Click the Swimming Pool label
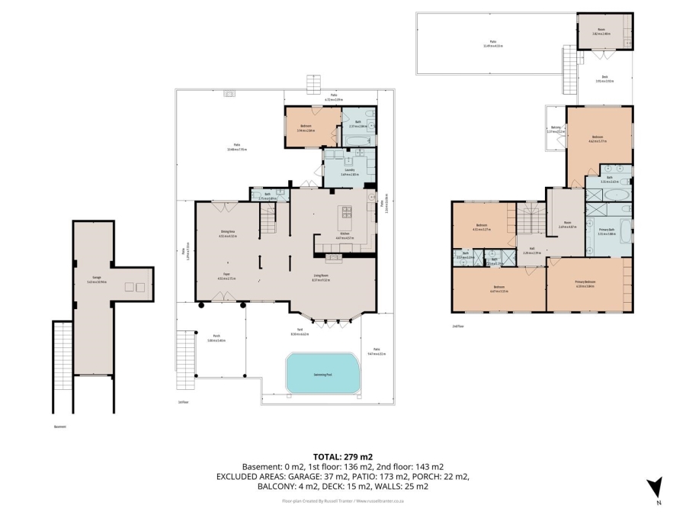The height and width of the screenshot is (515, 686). pyautogui.click(x=323, y=375)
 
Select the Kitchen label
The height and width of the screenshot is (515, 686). pyautogui.click(x=345, y=233)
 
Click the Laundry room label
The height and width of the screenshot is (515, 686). pyautogui.click(x=348, y=171)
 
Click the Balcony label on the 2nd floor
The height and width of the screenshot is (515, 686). pyautogui.click(x=555, y=130)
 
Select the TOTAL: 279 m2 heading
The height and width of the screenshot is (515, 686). pyautogui.click(x=342, y=456)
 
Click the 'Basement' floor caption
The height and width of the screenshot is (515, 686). pyautogui.click(x=60, y=426)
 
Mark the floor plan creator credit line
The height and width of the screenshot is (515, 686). pyautogui.click(x=342, y=501)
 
